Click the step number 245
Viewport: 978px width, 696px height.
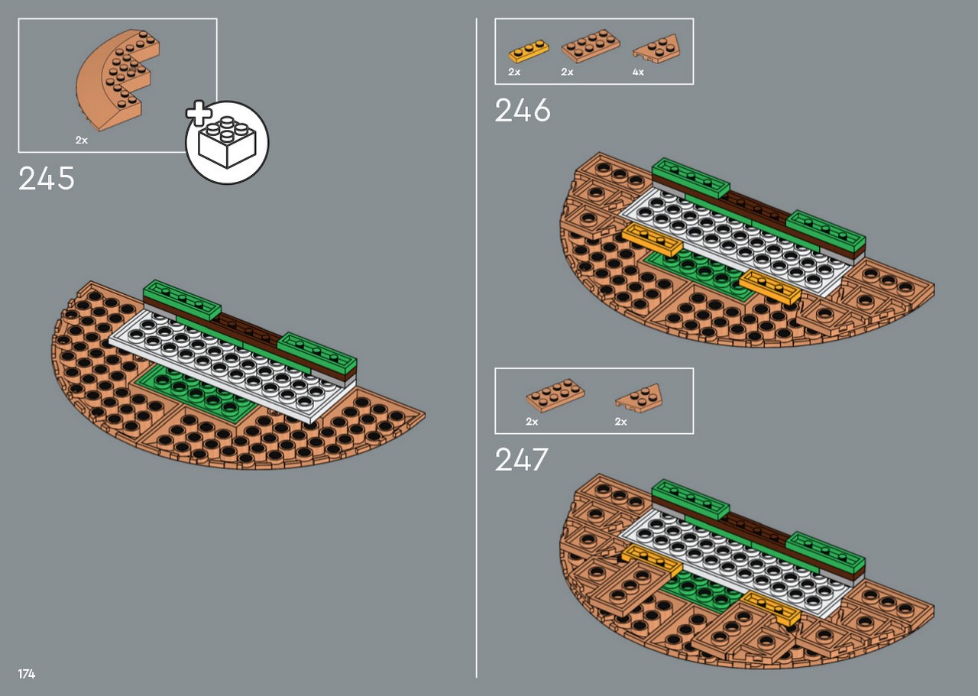pyautogui.click(x=47, y=178)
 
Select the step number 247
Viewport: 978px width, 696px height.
pyautogui.click(x=521, y=459)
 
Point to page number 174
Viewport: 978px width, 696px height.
pyautogui.click(x=27, y=674)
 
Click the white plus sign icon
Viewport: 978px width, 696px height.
pyautogui.click(x=199, y=114)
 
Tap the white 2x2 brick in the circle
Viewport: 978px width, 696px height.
pyautogui.click(x=227, y=142)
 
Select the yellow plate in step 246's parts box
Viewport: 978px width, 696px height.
pyautogui.click(x=529, y=51)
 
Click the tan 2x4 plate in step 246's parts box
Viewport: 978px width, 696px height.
pyautogui.click(x=591, y=45)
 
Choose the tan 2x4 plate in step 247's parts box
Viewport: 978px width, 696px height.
pyautogui.click(x=555, y=395)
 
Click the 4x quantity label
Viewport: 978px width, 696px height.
pyautogui.click(x=638, y=72)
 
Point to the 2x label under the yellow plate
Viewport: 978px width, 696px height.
pyautogui.click(x=514, y=72)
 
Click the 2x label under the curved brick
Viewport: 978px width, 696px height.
pyautogui.click(x=82, y=140)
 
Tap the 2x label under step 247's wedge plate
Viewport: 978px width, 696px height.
pyautogui.click(x=621, y=422)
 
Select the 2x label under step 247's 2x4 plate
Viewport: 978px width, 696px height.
pyautogui.click(x=532, y=422)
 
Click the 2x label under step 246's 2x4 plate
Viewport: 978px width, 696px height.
pyautogui.click(x=567, y=72)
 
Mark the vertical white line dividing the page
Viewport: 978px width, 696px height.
pyautogui.click(x=476, y=348)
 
